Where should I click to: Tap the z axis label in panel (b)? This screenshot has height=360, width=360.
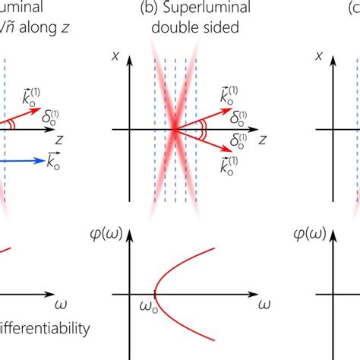pyautogui.click(x=261, y=140)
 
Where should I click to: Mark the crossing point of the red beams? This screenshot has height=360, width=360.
pyautogui.click(x=175, y=130)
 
